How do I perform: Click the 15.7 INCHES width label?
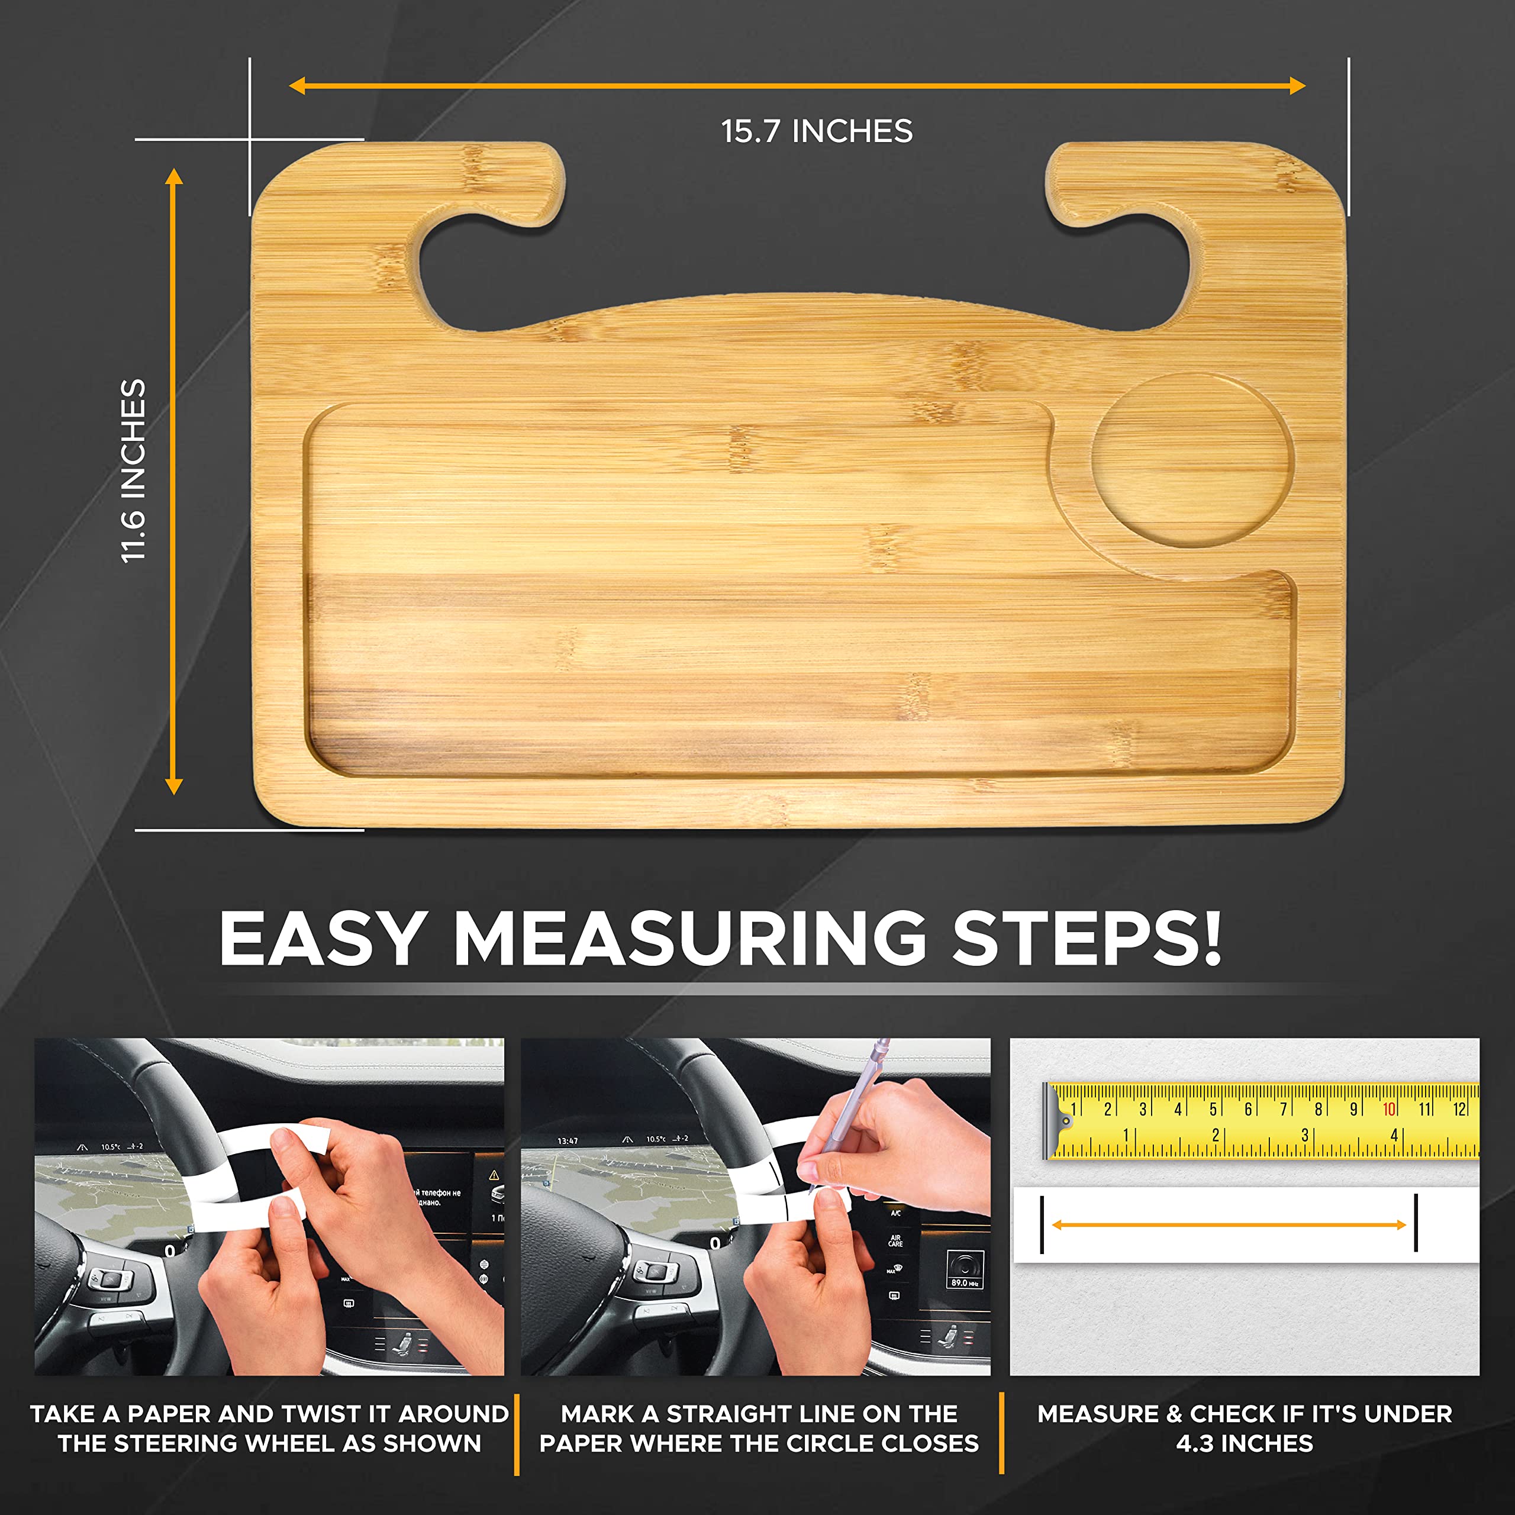816,131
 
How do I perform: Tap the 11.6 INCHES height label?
133,470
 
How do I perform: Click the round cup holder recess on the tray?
1191,461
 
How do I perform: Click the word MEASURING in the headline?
690,939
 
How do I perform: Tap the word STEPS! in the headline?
1086,939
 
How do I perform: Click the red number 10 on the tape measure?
1389,1109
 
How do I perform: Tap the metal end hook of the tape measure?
1051,1121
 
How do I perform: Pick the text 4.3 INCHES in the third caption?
1245,1443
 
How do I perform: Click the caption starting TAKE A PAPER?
269,1429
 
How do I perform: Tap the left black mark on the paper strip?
1042,1224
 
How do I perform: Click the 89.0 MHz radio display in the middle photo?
963,1283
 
